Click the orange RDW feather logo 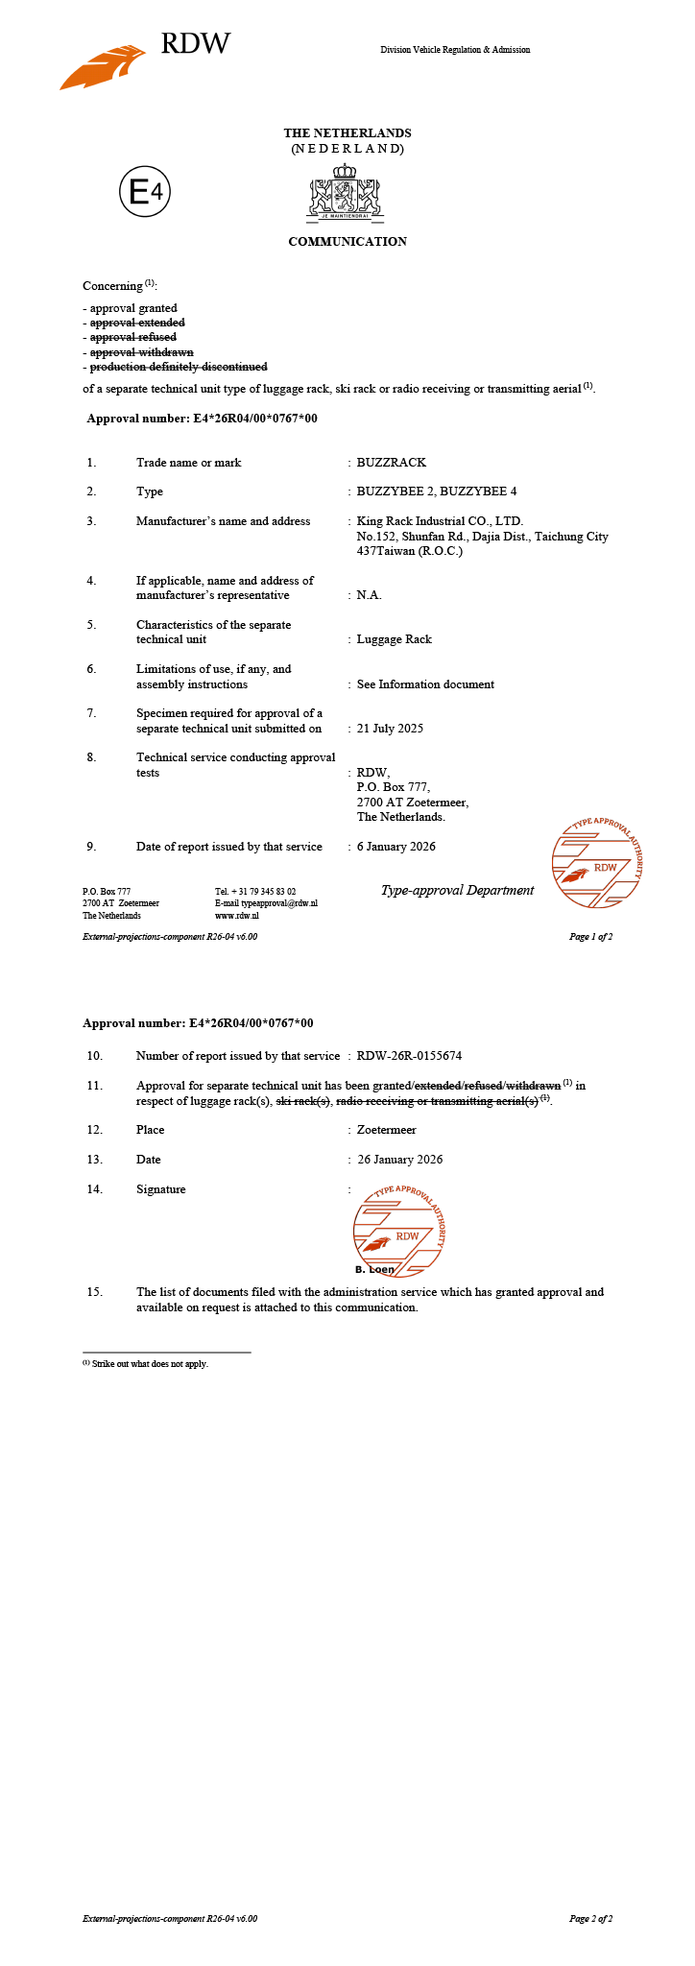tap(103, 66)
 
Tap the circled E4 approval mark tap(145, 193)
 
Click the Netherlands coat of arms tap(346, 193)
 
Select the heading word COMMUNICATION tap(347, 242)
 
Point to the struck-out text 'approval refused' tap(133, 338)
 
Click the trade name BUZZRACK tap(391, 463)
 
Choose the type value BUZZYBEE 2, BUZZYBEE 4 tap(437, 491)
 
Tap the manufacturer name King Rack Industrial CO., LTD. tap(440, 521)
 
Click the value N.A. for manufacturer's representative tap(370, 595)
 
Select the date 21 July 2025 tap(390, 729)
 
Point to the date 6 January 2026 tap(395, 847)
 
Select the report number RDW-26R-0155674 tap(409, 1056)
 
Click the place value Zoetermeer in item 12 tap(387, 1130)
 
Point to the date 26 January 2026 tap(400, 1160)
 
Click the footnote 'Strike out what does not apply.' tap(150, 1364)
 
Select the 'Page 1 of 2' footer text tap(590, 937)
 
